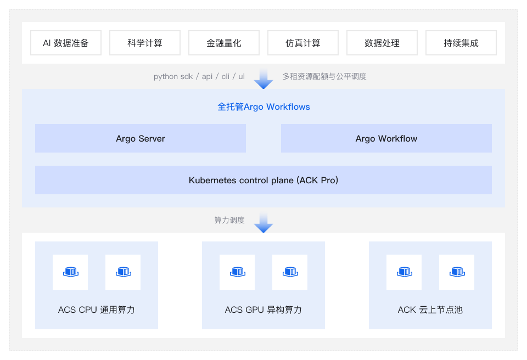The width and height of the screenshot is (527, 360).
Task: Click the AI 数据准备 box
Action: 66,43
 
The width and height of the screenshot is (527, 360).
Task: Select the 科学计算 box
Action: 145,43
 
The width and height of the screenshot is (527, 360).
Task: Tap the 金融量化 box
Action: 224,43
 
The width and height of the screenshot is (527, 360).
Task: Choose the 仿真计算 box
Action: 303,43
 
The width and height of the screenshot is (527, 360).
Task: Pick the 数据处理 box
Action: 382,43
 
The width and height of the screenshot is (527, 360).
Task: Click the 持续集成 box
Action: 461,43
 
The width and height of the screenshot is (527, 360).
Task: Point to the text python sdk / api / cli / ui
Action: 199,76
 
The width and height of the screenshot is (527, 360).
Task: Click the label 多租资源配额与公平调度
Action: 324,76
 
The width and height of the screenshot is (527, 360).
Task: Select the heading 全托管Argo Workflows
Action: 263,107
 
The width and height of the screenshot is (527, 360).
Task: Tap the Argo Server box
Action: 141,138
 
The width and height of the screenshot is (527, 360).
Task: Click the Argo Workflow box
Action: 386,138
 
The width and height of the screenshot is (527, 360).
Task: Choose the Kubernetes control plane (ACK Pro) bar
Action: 263,180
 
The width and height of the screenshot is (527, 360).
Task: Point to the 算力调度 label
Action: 229,220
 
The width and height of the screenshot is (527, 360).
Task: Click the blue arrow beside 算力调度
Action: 263,222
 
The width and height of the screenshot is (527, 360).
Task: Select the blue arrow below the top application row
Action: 263,78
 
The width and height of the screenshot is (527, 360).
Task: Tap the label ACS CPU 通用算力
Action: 97,310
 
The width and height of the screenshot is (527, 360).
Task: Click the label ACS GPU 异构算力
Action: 263,310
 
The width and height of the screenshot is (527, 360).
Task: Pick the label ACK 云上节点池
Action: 430,310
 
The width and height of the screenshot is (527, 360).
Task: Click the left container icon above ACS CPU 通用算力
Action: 70,272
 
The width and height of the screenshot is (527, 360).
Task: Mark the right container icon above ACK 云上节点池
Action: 457,272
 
